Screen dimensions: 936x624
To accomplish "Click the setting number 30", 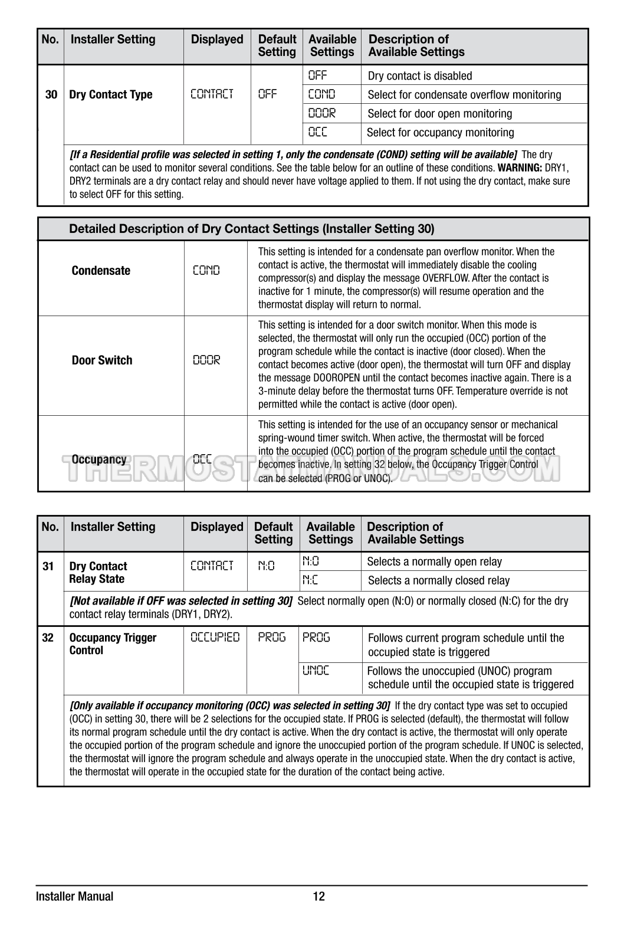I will (x=51, y=94).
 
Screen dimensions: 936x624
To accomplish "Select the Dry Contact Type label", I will (x=110, y=94).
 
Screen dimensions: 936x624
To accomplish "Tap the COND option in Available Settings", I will (x=321, y=94).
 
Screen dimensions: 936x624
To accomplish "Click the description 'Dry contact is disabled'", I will (x=419, y=75).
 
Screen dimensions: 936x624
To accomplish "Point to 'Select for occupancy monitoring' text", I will (x=440, y=132).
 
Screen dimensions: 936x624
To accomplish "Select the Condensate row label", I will (x=101, y=271).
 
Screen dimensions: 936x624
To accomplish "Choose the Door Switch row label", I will (x=102, y=360).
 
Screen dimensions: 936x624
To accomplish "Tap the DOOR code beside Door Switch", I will (x=206, y=360).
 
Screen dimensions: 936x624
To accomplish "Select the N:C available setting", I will (x=310, y=580).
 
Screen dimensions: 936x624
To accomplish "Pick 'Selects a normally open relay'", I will (x=434, y=561).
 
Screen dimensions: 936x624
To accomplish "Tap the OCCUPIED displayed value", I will (x=215, y=638).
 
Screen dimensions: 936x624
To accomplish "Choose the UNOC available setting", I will (x=316, y=671).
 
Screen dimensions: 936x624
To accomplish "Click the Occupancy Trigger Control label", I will (x=113, y=644).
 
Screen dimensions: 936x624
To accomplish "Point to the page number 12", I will (x=318, y=896).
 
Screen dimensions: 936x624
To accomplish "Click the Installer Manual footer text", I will (x=74, y=896).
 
